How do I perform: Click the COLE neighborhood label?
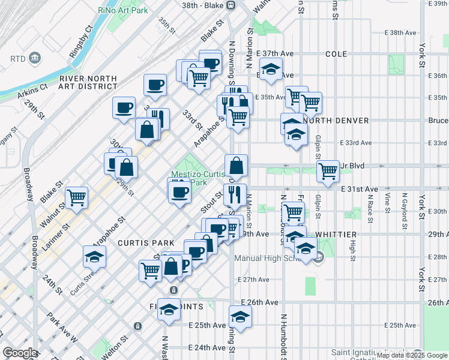pos(336,54)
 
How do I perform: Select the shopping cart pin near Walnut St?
pos(77,197)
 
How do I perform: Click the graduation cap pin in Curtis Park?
pos(94,257)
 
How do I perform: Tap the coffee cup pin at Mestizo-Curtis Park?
pos(179,192)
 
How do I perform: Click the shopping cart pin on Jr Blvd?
pos(328,170)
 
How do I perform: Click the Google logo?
pos(20,353)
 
